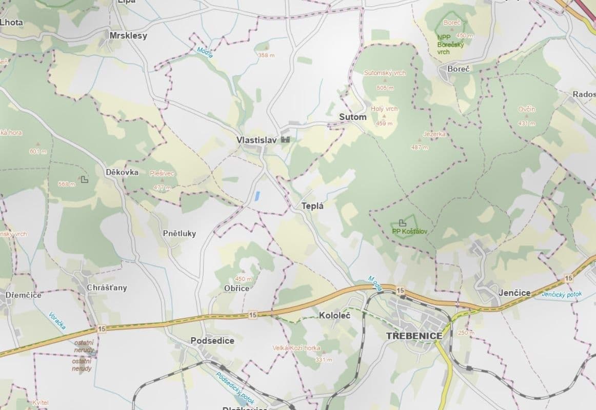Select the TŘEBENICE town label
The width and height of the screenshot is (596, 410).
[414, 336]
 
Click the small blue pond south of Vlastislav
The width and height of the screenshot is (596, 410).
[257, 195]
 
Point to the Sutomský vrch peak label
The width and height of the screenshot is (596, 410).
[385, 73]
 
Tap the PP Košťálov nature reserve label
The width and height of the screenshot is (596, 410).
[409, 231]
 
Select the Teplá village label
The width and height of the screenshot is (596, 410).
[313, 206]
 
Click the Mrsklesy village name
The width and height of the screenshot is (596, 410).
[128, 35]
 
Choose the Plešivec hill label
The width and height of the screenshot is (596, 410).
[162, 174]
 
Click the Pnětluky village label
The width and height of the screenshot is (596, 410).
[179, 233]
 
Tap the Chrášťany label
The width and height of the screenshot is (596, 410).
[107, 288]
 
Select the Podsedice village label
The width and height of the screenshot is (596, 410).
[212, 340]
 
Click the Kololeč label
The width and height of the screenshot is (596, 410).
[334, 315]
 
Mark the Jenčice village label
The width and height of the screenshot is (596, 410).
[514, 293]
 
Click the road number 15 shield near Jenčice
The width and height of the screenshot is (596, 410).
[568, 278]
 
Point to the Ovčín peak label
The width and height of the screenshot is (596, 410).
[527, 109]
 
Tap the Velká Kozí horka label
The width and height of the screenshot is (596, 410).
[296, 348]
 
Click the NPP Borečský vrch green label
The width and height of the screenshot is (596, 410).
[450, 45]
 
